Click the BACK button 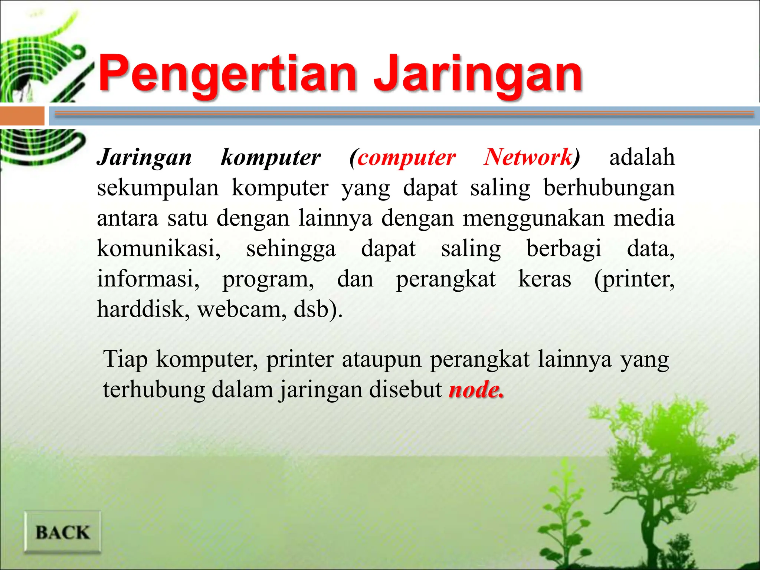click(x=62, y=532)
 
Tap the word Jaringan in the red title click(x=478, y=74)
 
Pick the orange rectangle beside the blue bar click(x=22, y=116)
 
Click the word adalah click(x=642, y=157)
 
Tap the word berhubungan click(x=609, y=188)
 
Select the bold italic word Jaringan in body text click(x=144, y=158)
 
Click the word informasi click(x=148, y=279)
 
